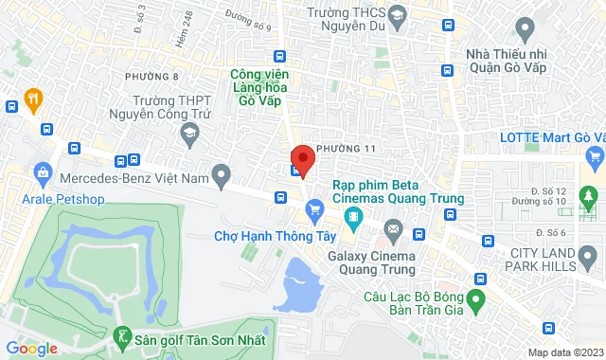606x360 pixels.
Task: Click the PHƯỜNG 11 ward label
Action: point(347,149)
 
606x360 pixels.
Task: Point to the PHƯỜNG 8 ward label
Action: point(151,76)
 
